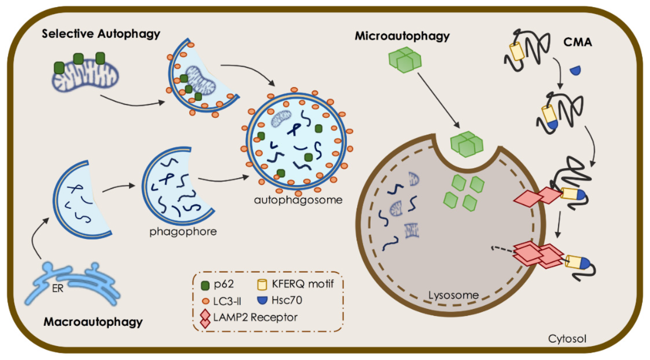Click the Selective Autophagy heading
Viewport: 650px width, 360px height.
pyautogui.click(x=101, y=34)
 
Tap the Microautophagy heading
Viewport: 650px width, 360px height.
pyautogui.click(x=402, y=36)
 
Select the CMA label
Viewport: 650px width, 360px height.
pyautogui.click(x=577, y=42)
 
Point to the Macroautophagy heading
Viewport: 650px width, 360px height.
pyautogui.click(x=93, y=322)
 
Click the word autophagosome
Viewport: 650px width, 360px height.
pyautogui.click(x=298, y=200)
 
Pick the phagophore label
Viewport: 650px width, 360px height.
pyautogui.click(x=183, y=231)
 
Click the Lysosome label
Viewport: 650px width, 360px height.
pyautogui.click(x=453, y=295)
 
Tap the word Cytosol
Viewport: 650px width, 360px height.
pyautogui.click(x=567, y=339)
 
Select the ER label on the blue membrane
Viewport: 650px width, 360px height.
pyautogui.click(x=58, y=289)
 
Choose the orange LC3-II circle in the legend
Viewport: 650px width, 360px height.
pyautogui.click(x=206, y=301)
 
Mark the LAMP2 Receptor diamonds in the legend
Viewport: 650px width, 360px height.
pyautogui.click(x=205, y=319)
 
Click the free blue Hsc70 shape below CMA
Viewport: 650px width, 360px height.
pyautogui.click(x=575, y=71)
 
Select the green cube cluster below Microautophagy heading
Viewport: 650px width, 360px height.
pyautogui.click(x=405, y=60)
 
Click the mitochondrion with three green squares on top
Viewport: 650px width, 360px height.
pyautogui.click(x=85, y=74)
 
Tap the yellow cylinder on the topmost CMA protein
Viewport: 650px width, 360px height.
pyautogui.click(x=517, y=51)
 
